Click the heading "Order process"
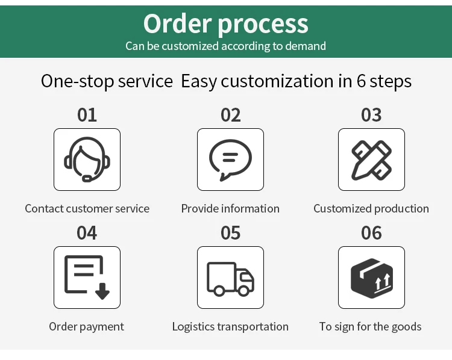(x=225, y=23)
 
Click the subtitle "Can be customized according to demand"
(x=225, y=46)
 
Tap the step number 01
(x=87, y=115)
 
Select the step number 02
(x=230, y=115)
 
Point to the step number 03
(x=371, y=115)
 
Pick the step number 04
(x=87, y=233)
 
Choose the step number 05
(x=230, y=233)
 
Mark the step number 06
(x=371, y=233)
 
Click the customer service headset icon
(x=87, y=160)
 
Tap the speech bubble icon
(x=230, y=160)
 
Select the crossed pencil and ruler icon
(x=371, y=160)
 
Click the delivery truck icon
(x=230, y=278)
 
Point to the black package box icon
(x=371, y=278)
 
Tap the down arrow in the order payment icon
(x=102, y=291)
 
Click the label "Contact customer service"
(x=87, y=209)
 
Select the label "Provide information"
(x=230, y=209)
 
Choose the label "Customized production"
(x=371, y=209)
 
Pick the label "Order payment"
(x=86, y=327)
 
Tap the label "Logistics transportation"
(x=230, y=327)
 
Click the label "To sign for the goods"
(x=370, y=327)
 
